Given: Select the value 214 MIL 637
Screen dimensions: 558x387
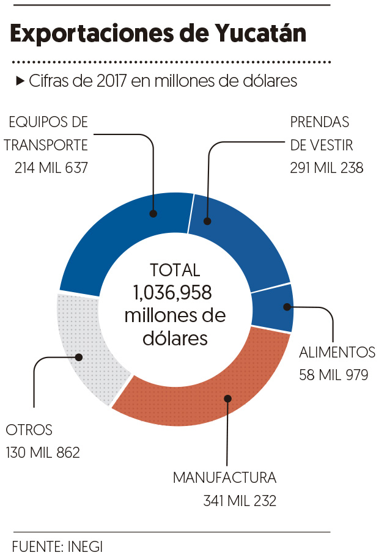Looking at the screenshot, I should pos(52,167).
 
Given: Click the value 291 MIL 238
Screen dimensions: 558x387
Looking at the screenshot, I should pos(326,167).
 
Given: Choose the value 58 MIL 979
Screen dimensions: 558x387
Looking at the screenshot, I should pos(334,375).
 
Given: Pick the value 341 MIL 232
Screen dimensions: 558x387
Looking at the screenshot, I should pos(240,501).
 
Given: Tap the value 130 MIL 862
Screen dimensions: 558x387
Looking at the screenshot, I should pos(43,453).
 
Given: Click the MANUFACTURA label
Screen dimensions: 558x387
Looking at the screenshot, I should pos(224,477).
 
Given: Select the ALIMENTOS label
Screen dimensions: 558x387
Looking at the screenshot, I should pos(337,352).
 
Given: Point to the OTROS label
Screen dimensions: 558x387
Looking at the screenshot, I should pos(29,430).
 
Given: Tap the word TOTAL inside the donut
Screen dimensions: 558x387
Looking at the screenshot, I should pos(175,270).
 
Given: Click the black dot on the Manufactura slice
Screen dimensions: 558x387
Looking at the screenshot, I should pos(227,398).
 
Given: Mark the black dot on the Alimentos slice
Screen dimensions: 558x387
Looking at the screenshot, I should pos(286,307).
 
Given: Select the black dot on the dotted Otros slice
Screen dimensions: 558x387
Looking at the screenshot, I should pos(78,358).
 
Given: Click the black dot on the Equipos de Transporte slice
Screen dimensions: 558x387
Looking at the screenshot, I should pos(153,214).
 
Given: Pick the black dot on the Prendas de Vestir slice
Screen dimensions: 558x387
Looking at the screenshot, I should pos(208,221).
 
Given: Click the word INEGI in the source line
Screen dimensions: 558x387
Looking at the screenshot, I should pos(82,546).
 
